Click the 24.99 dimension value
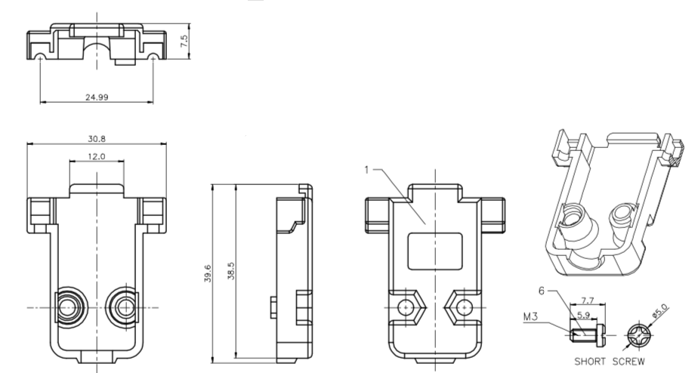click(x=97, y=97)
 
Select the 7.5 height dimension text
click(x=184, y=42)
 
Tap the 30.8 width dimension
click(x=97, y=138)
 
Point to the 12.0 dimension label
click(x=97, y=156)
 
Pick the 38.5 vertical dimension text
click(x=230, y=270)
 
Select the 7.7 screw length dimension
click(x=588, y=301)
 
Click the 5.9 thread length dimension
click(x=584, y=315)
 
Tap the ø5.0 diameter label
click(x=660, y=310)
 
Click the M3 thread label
click(x=530, y=316)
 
